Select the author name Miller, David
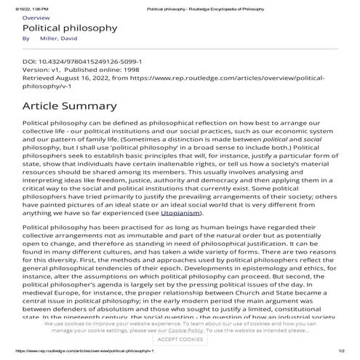click(60, 38)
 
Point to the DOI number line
click(81, 63)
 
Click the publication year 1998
click(127, 70)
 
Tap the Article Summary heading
click(70, 106)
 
